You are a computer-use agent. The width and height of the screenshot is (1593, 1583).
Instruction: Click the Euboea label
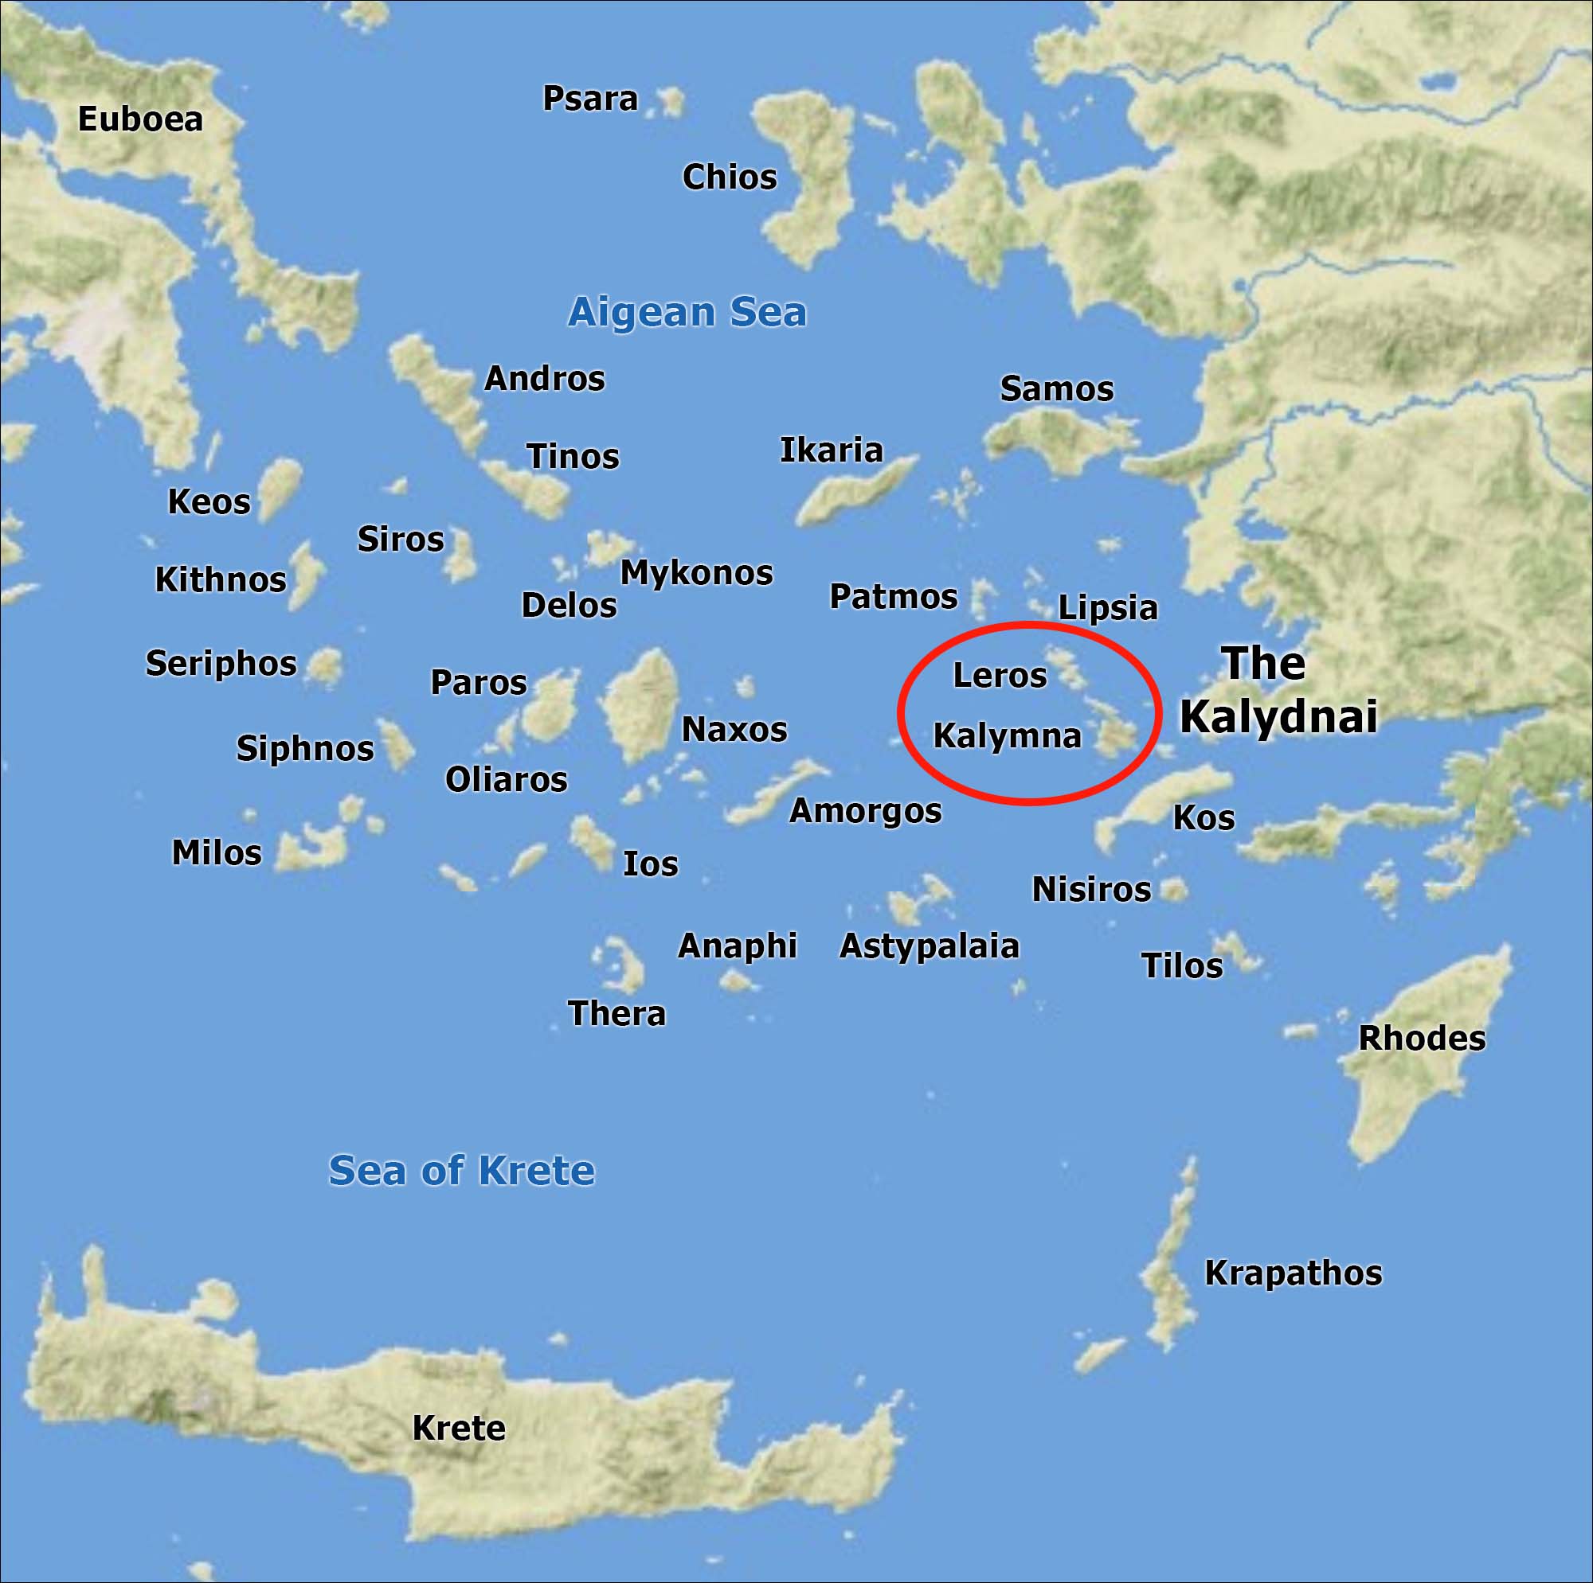coord(140,119)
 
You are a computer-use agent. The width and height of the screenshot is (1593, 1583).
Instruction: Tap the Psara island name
coord(589,99)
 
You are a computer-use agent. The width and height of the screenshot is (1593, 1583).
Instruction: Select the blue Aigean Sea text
coord(687,312)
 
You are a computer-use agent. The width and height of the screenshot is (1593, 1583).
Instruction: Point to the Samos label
coord(1056,389)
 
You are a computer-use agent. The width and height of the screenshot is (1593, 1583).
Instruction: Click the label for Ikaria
coord(831,450)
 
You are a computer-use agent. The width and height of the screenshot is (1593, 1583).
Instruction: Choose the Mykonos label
coord(696,573)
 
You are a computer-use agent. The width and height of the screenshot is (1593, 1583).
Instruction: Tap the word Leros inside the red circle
coord(1000,676)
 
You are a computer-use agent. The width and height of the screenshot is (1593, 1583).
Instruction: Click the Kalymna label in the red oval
coord(1007,736)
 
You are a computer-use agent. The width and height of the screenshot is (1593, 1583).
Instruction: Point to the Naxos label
coord(734,730)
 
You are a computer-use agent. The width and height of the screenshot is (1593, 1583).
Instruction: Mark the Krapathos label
coord(1293,1273)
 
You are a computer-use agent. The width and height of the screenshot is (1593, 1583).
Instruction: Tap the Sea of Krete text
coord(461,1171)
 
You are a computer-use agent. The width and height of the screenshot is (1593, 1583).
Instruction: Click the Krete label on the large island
coord(459,1428)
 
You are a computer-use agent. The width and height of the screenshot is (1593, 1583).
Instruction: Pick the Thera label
coord(616,1014)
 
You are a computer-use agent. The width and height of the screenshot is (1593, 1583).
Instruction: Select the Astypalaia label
coord(930,946)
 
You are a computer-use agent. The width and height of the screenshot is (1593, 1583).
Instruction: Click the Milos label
coord(216,853)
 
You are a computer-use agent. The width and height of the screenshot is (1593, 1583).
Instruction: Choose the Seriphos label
coord(221,663)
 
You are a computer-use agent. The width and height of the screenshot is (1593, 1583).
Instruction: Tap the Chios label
coord(730,177)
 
